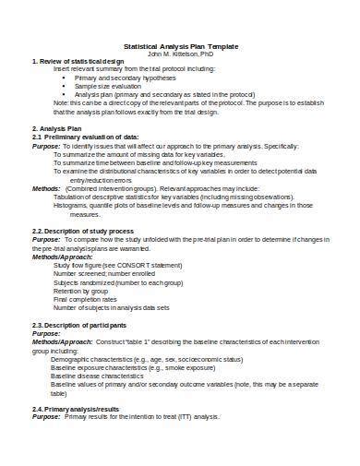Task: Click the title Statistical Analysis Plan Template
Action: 180,46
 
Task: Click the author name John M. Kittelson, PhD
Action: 180,54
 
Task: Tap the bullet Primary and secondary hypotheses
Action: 120,78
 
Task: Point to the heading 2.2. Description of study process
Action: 90,230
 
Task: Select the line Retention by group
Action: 83,291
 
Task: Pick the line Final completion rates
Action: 86,299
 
